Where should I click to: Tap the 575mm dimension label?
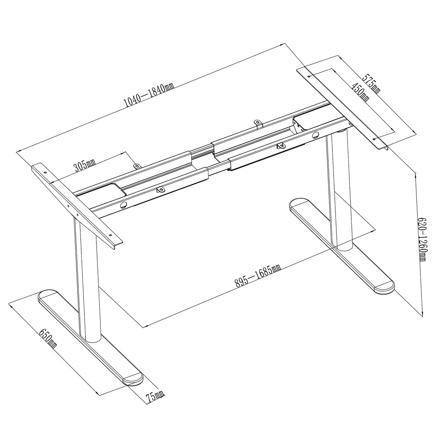372,84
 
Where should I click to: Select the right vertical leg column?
338,190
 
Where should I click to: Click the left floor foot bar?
90,336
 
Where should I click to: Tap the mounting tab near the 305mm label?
136,165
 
